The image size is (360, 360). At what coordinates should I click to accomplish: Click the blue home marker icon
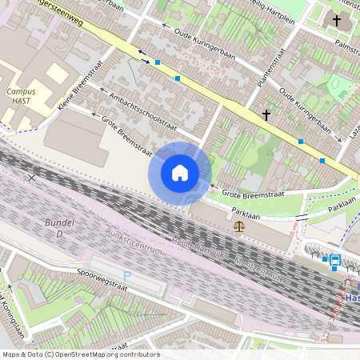point(180,173)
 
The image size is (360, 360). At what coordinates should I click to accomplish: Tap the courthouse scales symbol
point(239,226)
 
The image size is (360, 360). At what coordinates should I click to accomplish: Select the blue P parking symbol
point(126,275)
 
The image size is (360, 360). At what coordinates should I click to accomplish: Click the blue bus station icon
point(334,259)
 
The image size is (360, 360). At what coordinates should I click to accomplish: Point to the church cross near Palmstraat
point(337,21)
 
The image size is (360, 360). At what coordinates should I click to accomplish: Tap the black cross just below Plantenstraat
point(266,115)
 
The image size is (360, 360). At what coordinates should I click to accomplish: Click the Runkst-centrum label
point(134,242)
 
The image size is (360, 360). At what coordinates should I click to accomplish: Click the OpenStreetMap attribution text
point(80,354)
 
